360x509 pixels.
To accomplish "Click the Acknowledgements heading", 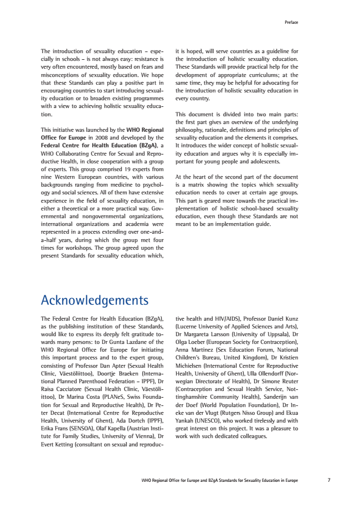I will [95, 300].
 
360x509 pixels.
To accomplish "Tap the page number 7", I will [328, 480].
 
